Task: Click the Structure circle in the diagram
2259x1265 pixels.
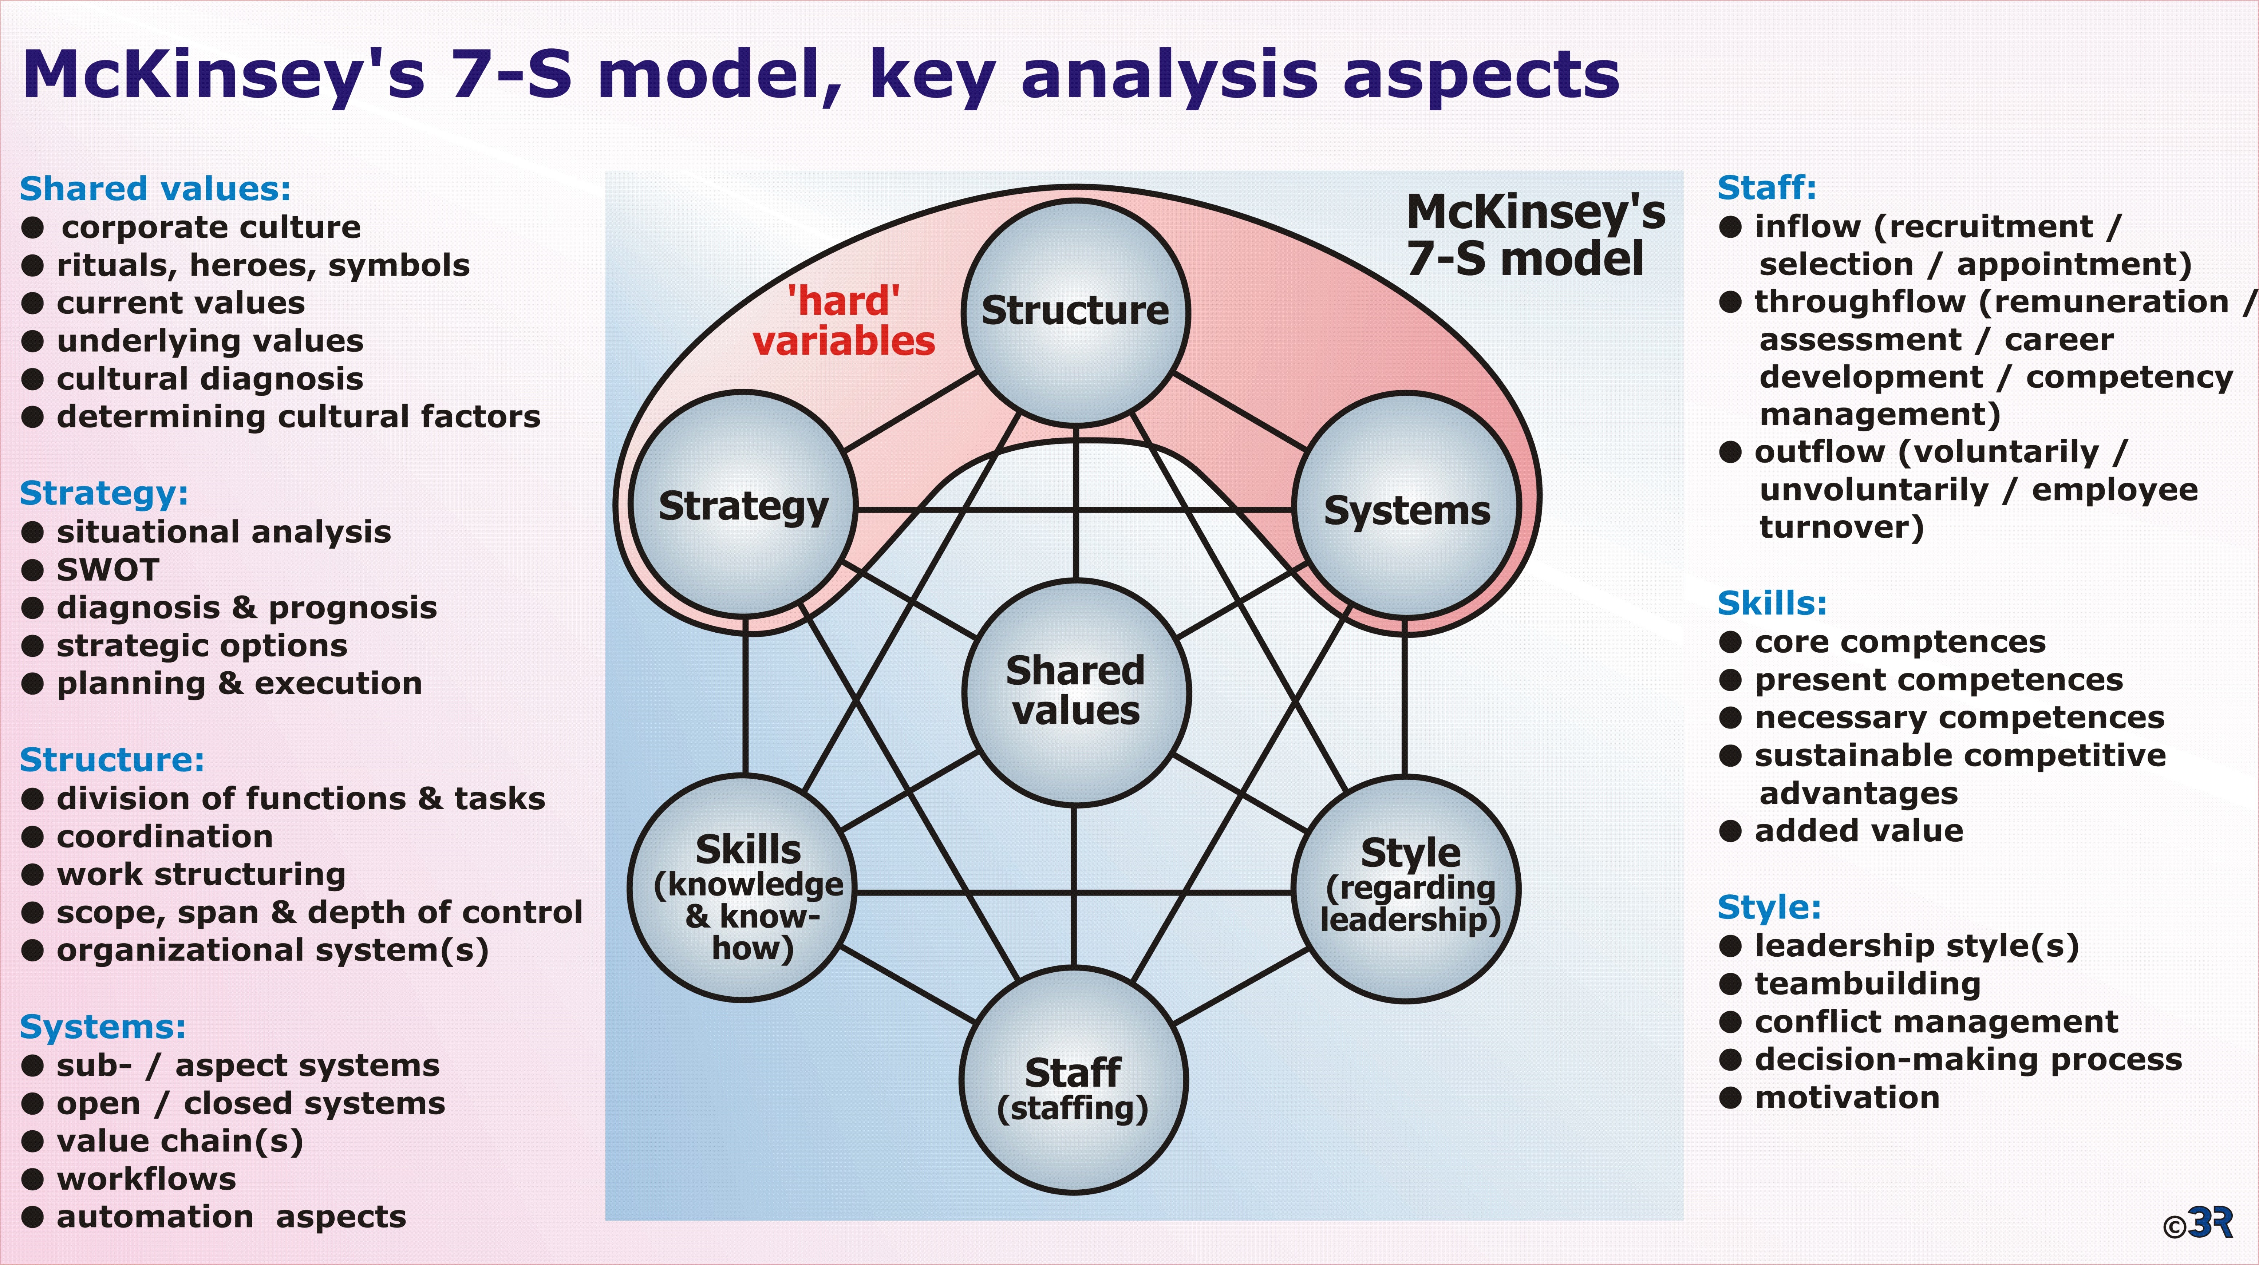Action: (x=1075, y=313)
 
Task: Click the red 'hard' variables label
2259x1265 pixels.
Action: (x=844, y=321)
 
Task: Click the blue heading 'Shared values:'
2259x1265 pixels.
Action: (x=155, y=189)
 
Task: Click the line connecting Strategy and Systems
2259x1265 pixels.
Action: (x=1075, y=509)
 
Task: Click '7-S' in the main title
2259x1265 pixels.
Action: (x=511, y=74)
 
